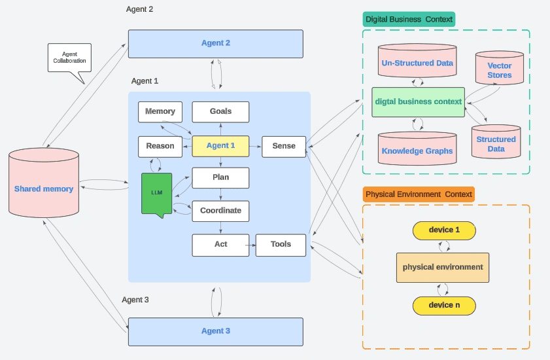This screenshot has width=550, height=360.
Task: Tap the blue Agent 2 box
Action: [215, 43]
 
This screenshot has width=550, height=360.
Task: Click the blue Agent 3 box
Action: [215, 331]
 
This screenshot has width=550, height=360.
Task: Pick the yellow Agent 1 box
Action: [220, 145]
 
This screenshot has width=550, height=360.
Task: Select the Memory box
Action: [160, 111]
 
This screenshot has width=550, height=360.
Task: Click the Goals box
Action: [220, 111]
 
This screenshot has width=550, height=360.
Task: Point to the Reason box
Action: [160, 145]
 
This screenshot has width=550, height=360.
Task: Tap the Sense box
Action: [284, 145]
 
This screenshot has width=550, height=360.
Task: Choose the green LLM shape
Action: [156, 192]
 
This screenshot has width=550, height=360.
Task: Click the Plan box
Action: [220, 177]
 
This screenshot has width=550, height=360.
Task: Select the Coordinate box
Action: [220, 210]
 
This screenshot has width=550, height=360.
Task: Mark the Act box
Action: [220, 244]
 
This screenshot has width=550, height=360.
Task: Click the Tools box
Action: [281, 244]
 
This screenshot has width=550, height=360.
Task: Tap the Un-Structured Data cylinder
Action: [417, 63]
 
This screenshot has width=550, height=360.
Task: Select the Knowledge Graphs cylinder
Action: [417, 150]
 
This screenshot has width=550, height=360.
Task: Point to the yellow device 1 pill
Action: [444, 230]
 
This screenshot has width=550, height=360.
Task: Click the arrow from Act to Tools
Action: [250, 245]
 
